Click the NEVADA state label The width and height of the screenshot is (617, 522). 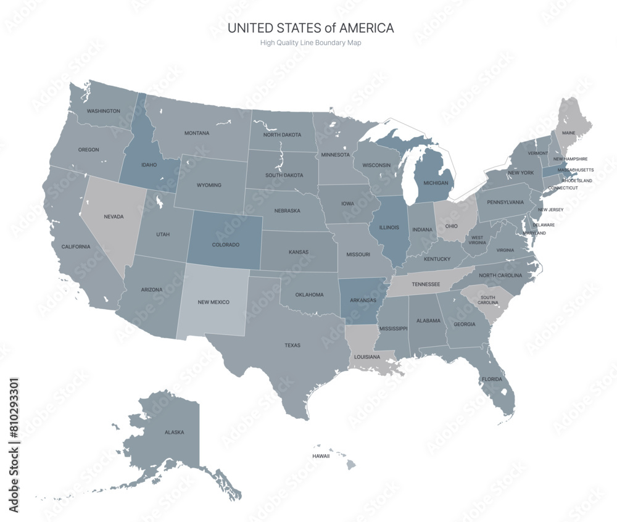click(114, 217)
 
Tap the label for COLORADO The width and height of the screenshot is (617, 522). click(225, 245)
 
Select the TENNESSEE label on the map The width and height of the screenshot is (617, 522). click(426, 284)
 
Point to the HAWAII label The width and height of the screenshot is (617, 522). click(321, 456)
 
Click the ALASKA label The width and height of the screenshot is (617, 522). click(174, 432)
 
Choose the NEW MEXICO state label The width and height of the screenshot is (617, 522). click(213, 302)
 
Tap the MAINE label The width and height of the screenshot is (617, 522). click(568, 133)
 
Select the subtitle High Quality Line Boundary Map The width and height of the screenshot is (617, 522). click(310, 43)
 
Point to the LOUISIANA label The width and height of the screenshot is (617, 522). click(367, 357)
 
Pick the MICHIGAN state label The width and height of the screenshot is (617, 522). click(436, 183)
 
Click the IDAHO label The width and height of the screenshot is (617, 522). click(149, 165)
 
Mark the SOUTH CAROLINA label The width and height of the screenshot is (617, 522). click(487, 300)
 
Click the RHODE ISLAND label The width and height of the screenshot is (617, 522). click(578, 181)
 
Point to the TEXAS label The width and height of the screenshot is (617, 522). click(292, 345)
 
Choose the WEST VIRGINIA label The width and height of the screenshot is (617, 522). click(478, 240)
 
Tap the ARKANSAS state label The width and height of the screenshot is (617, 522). click(363, 300)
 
